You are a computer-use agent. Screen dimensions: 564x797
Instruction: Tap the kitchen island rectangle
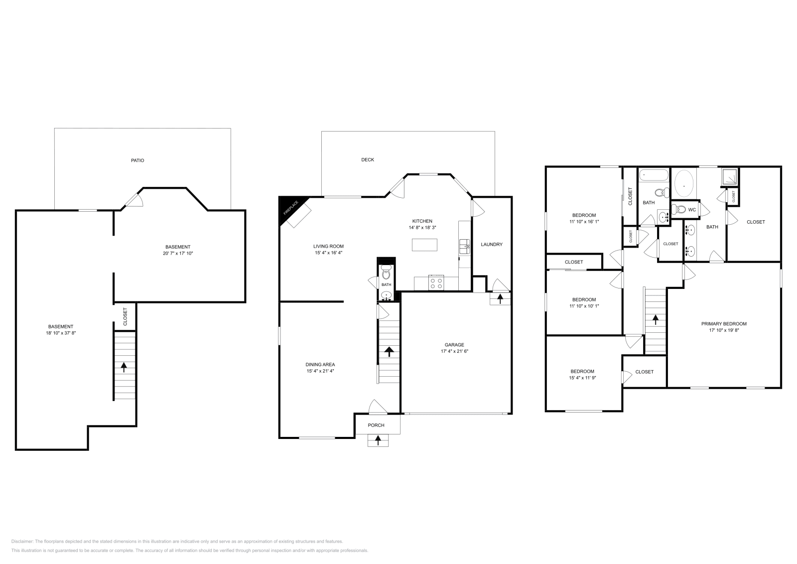coord(424,245)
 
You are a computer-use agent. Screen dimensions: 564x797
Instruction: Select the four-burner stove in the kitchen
coord(436,283)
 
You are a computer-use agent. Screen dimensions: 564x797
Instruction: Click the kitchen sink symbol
coord(465,245)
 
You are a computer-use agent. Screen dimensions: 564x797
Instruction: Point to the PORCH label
coord(376,425)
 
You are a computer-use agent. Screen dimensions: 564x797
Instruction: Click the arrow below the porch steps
coord(378,440)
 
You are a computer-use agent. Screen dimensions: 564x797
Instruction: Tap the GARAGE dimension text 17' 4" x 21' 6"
coord(454,351)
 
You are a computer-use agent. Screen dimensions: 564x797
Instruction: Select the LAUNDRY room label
coord(492,244)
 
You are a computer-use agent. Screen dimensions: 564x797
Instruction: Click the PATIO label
coord(138,160)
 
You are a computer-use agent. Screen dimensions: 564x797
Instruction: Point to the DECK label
coord(368,159)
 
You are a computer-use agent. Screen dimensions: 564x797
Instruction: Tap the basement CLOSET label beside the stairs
coord(125,316)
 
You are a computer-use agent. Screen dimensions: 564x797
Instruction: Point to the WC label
coord(692,210)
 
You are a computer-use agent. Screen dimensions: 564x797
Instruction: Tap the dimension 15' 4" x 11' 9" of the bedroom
coord(582,378)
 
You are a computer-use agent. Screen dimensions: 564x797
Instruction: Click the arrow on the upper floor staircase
coord(656,319)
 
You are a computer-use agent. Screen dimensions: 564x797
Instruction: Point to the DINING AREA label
coord(320,364)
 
